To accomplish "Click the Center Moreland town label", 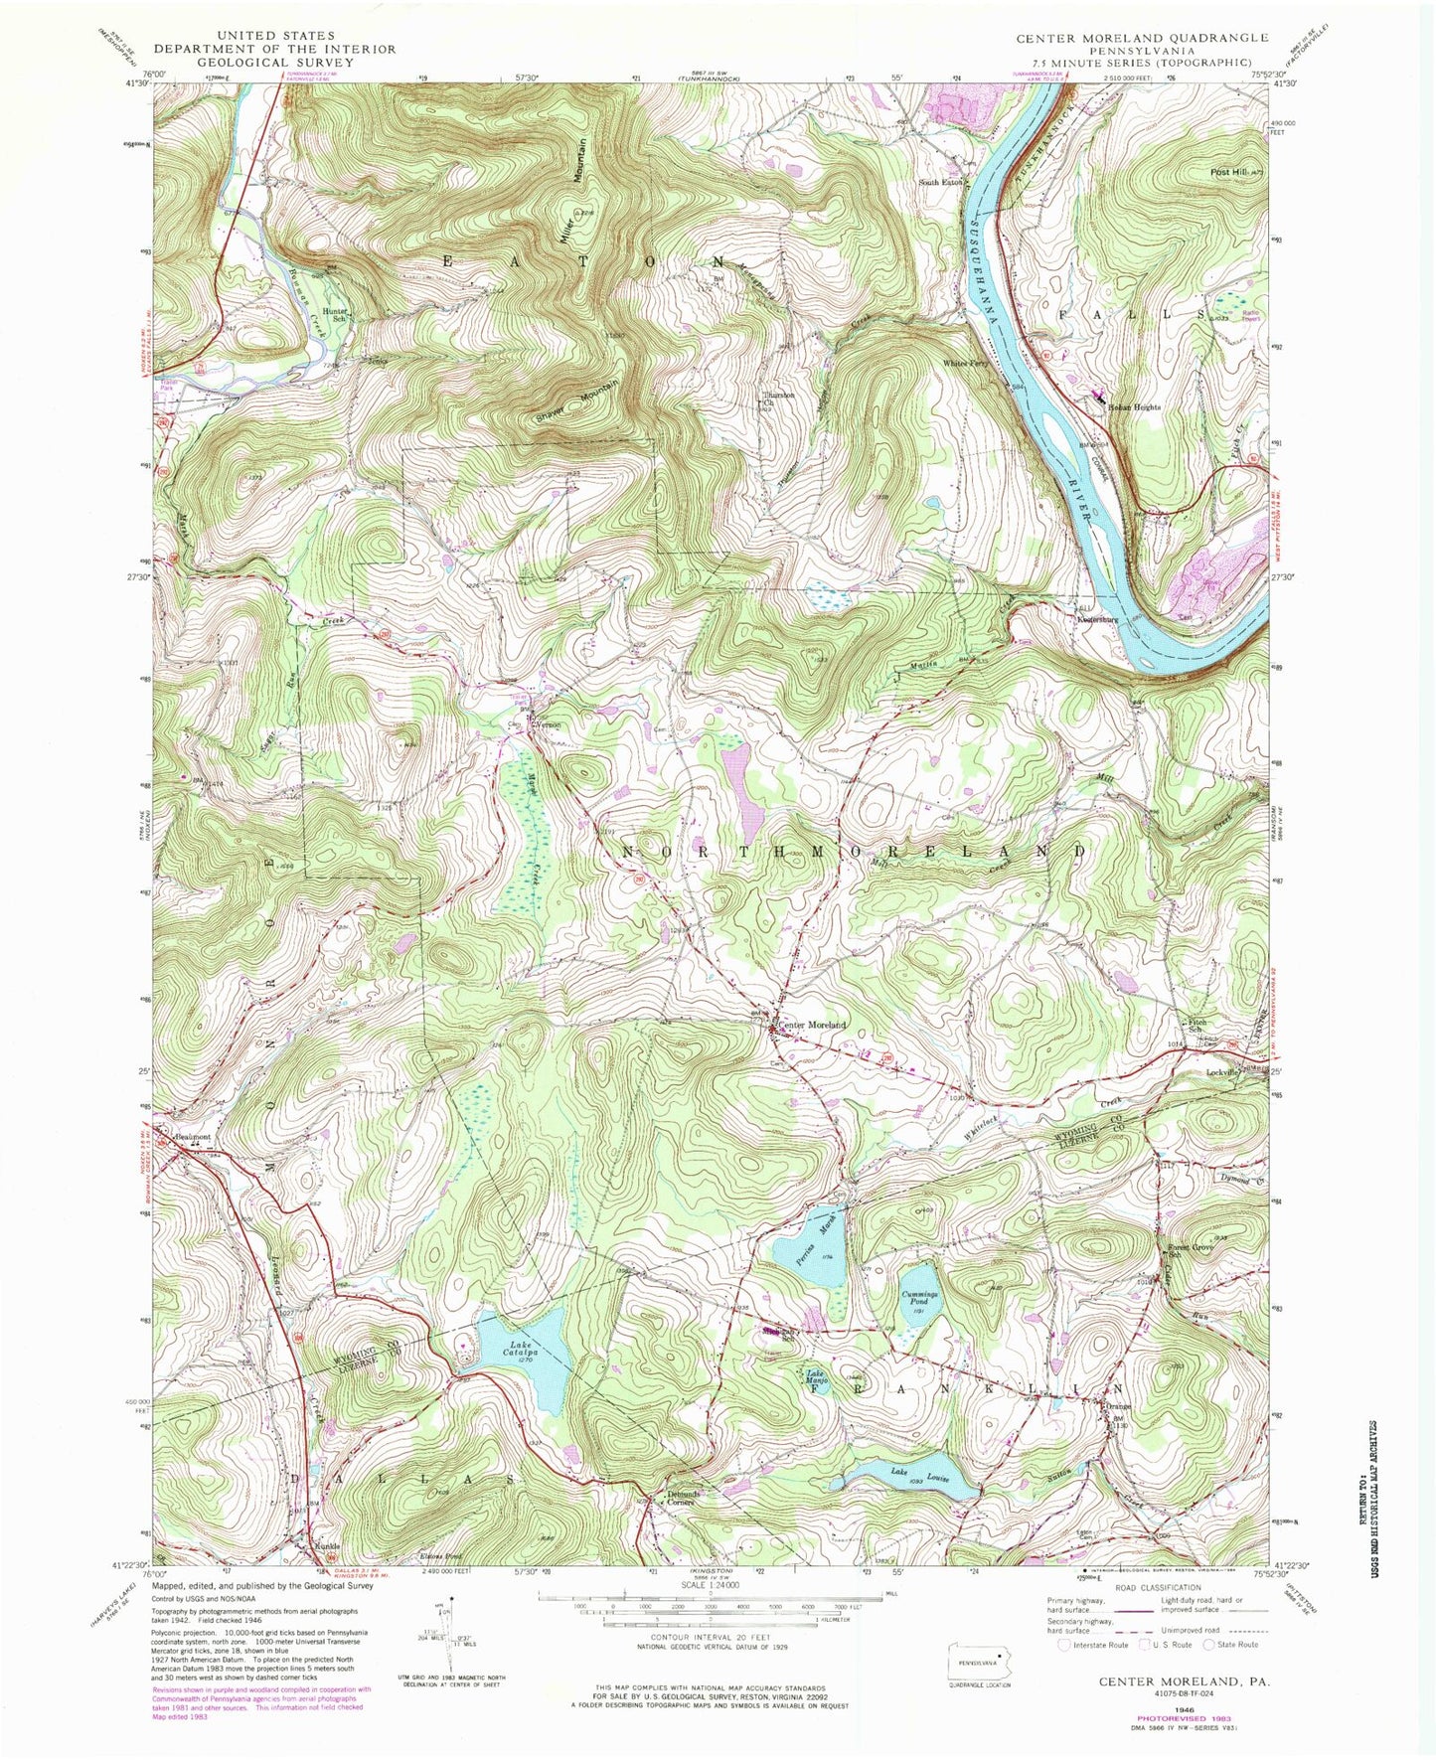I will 812,1025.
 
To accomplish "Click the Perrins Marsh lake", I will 813,1246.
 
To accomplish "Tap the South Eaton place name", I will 940,182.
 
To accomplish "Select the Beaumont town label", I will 193,1136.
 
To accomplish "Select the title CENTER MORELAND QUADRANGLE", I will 1142,38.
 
